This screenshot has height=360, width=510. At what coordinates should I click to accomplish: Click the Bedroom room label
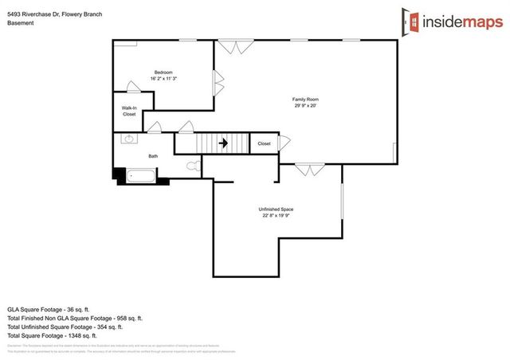pos(163,72)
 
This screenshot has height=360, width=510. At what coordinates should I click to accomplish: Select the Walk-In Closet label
pos(129,111)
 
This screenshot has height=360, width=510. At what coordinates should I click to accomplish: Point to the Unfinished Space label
pos(276,209)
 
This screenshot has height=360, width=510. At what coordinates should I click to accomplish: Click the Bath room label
pos(153,156)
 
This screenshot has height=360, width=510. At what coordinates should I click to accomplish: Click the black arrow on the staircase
pos(224,144)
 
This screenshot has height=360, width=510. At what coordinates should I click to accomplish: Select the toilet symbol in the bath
pos(192,166)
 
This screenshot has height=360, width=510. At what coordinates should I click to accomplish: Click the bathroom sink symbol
pos(127,139)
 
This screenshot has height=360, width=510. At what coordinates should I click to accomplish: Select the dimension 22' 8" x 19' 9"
pos(276,215)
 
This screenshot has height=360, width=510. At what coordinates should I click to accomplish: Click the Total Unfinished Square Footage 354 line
pos(65,327)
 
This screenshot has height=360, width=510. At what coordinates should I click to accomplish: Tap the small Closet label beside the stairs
pos(264,144)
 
